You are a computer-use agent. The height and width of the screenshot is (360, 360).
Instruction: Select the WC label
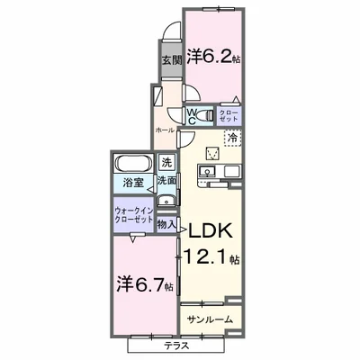(193, 114)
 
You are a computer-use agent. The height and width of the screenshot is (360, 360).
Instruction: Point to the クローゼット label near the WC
(229, 114)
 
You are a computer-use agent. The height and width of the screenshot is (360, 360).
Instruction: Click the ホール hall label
(164, 130)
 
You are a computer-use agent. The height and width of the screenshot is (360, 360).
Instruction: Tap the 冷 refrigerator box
(232, 138)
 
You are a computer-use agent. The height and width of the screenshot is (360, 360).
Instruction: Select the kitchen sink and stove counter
(218, 171)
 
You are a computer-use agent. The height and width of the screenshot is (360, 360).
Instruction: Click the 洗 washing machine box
(166, 163)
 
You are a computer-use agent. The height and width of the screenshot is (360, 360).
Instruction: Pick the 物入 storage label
(166, 222)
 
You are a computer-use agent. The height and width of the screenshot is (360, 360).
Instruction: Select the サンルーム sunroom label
(211, 319)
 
